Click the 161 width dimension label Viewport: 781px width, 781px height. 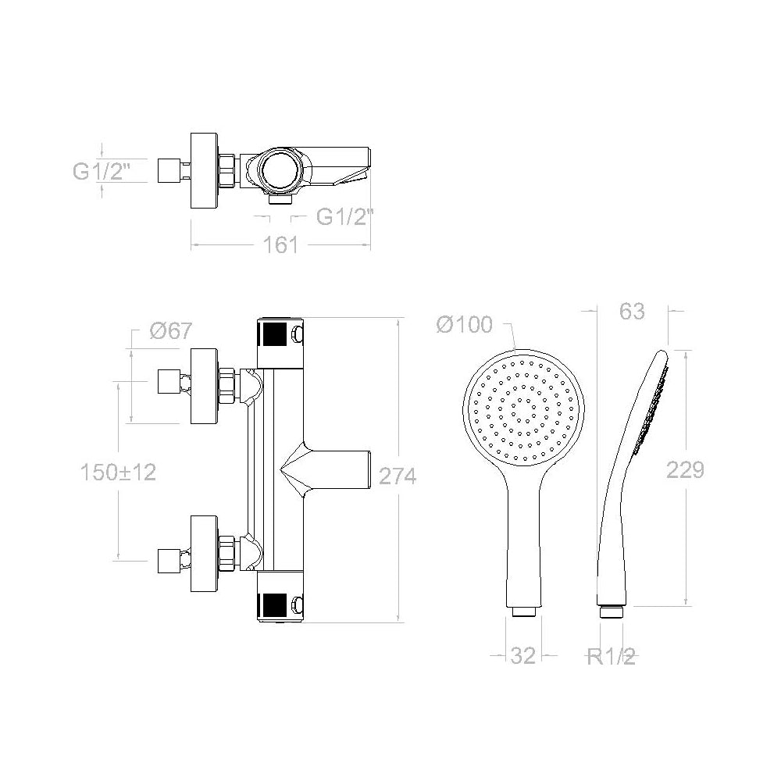(x=280, y=245)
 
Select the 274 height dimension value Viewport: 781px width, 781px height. (x=398, y=476)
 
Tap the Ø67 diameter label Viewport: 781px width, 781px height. (x=171, y=330)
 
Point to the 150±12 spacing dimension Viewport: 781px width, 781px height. (x=119, y=473)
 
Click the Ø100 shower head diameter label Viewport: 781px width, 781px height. (x=465, y=325)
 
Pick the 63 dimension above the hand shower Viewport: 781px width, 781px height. (x=632, y=312)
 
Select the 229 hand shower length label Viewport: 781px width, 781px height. (x=686, y=469)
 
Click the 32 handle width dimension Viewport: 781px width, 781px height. (x=523, y=655)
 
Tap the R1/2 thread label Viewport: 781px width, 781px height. (x=612, y=657)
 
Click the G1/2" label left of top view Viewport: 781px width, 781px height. (x=102, y=171)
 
